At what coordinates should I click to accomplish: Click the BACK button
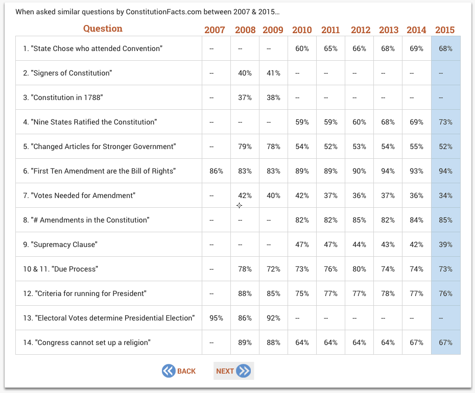tap(179, 371)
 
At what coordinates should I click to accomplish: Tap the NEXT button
tap(233, 371)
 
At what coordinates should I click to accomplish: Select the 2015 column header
tap(445, 30)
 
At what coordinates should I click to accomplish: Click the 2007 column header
tap(215, 30)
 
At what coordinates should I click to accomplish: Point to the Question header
tap(103, 29)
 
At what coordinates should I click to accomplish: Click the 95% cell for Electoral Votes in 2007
tap(216, 318)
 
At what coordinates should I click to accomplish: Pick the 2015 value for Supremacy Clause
tap(445, 244)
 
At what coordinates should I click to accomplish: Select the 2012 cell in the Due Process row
tap(359, 269)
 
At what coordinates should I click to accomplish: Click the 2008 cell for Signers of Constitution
tap(245, 73)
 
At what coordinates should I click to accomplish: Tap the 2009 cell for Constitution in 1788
tap(274, 97)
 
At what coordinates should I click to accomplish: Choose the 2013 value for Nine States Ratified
tap(388, 122)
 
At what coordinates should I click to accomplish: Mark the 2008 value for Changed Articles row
tap(245, 146)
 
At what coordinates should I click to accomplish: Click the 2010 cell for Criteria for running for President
tap(302, 293)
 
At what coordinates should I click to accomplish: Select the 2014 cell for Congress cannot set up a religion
tap(417, 342)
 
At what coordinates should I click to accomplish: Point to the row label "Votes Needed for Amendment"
tap(79, 195)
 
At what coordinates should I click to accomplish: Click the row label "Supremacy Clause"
tap(60, 244)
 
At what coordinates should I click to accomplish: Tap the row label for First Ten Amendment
tap(100, 171)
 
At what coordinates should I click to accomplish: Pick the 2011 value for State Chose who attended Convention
tap(330, 48)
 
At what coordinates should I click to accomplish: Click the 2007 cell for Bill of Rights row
tap(216, 171)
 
